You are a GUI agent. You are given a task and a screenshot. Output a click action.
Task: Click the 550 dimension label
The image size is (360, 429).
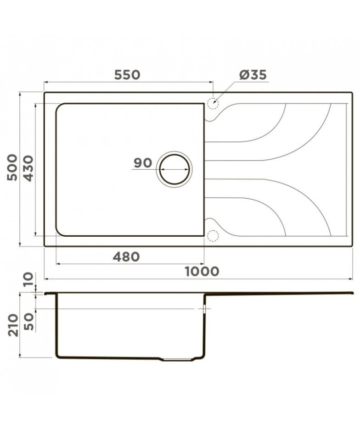point(127,75)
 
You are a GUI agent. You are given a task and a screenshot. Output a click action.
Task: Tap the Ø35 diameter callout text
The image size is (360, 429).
point(253,75)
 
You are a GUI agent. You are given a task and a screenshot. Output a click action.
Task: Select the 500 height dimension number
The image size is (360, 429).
point(12,167)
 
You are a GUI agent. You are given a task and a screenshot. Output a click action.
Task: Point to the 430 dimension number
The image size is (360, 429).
point(28,168)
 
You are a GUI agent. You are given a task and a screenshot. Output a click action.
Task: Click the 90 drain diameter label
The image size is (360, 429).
point(143,163)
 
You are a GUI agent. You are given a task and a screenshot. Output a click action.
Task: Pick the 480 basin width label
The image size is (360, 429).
point(126,257)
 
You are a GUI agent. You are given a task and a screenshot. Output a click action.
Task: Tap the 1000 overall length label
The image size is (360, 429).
point(202,272)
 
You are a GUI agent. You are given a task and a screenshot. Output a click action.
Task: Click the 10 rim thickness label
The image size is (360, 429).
point(28,279)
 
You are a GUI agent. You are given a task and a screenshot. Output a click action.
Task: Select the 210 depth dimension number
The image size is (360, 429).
point(12,325)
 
